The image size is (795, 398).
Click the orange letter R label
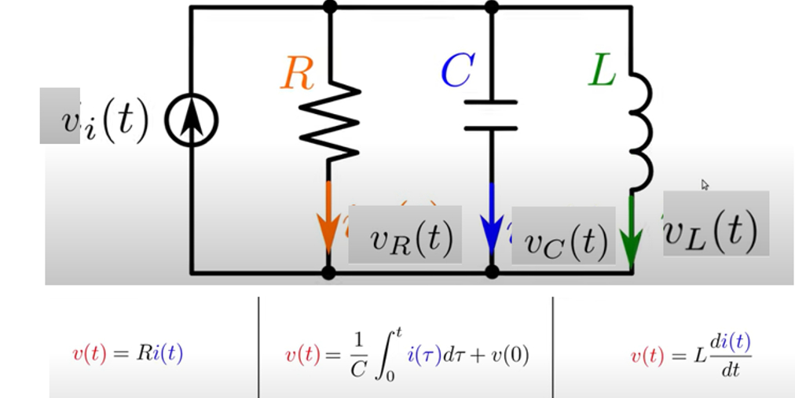298,74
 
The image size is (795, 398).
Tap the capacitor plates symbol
491,115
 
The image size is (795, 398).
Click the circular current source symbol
191,121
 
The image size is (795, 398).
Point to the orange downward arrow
328,223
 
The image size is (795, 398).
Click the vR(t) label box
405,234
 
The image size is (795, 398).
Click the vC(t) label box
562,236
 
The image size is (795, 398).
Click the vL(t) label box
716,223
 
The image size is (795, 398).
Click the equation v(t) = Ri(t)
127,354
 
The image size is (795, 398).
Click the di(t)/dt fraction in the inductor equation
730,355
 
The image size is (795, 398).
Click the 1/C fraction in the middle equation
357,354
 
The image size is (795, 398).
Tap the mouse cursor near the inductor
705,185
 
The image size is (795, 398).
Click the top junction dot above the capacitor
492,7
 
